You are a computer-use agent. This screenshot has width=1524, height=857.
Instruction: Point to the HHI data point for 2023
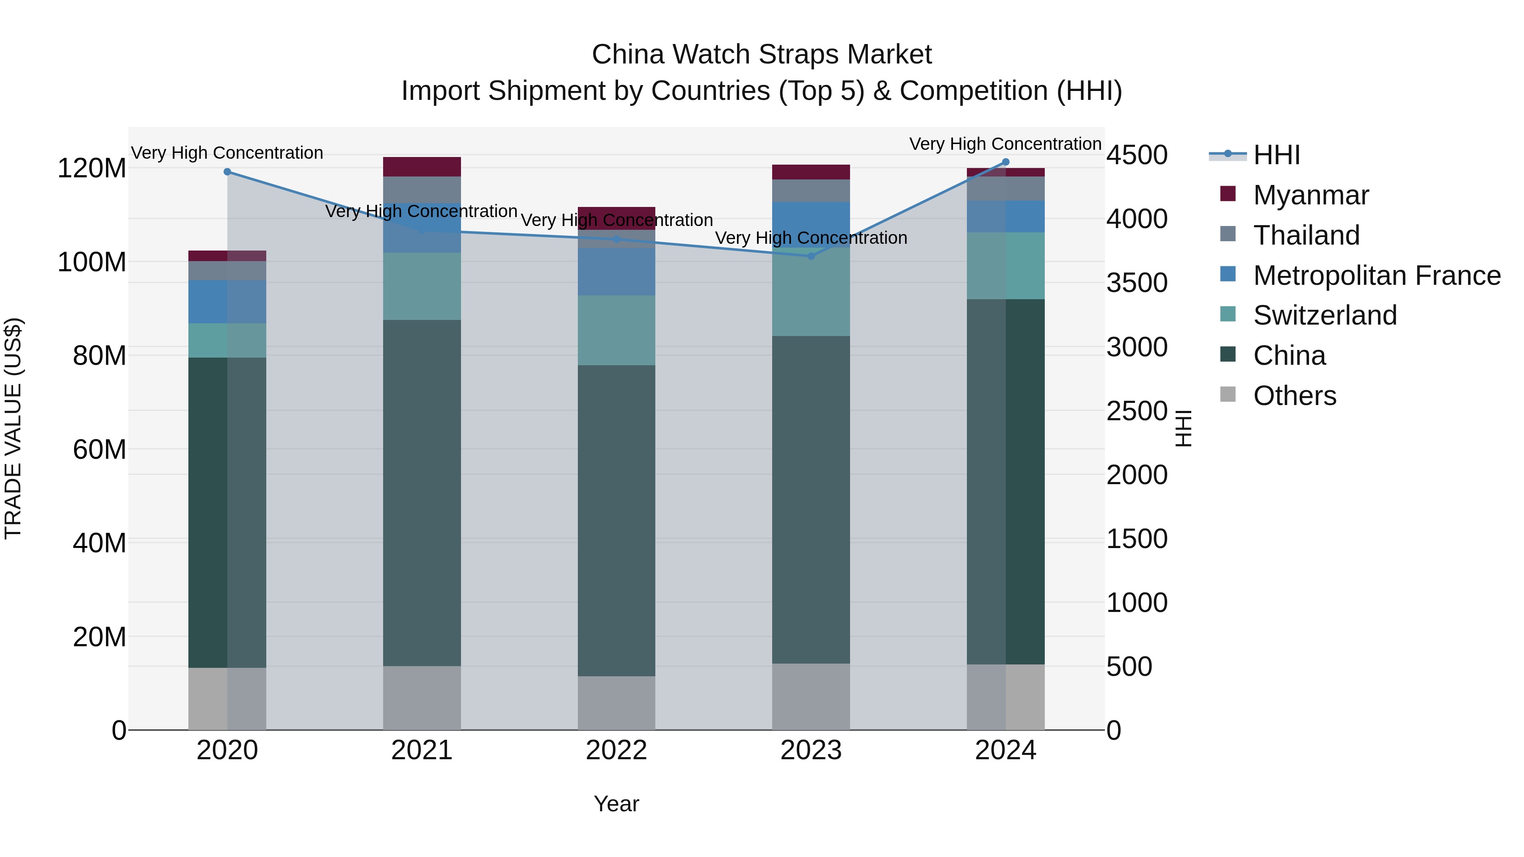[x=811, y=256]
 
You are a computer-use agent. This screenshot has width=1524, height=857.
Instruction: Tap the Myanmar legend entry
[x=1310, y=195]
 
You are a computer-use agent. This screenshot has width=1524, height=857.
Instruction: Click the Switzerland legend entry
[x=1325, y=315]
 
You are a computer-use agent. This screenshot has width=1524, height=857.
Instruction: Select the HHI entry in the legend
[x=1276, y=155]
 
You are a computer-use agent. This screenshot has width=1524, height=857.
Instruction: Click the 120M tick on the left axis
[x=92, y=168]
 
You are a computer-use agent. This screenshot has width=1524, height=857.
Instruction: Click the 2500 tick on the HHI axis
[x=1137, y=411]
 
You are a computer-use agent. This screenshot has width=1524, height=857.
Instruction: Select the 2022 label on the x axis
[x=616, y=750]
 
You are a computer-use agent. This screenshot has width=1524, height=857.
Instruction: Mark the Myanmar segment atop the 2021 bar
[x=422, y=167]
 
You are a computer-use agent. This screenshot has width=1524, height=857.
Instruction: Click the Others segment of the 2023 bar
[x=811, y=697]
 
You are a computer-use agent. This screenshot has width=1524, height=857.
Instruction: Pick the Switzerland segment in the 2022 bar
[x=616, y=330]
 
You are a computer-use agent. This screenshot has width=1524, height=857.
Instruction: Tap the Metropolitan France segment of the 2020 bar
[x=227, y=302]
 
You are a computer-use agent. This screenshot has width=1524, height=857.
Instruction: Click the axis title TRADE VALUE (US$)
[x=13, y=428]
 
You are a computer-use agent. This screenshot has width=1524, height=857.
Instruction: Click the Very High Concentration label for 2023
[x=811, y=238]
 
